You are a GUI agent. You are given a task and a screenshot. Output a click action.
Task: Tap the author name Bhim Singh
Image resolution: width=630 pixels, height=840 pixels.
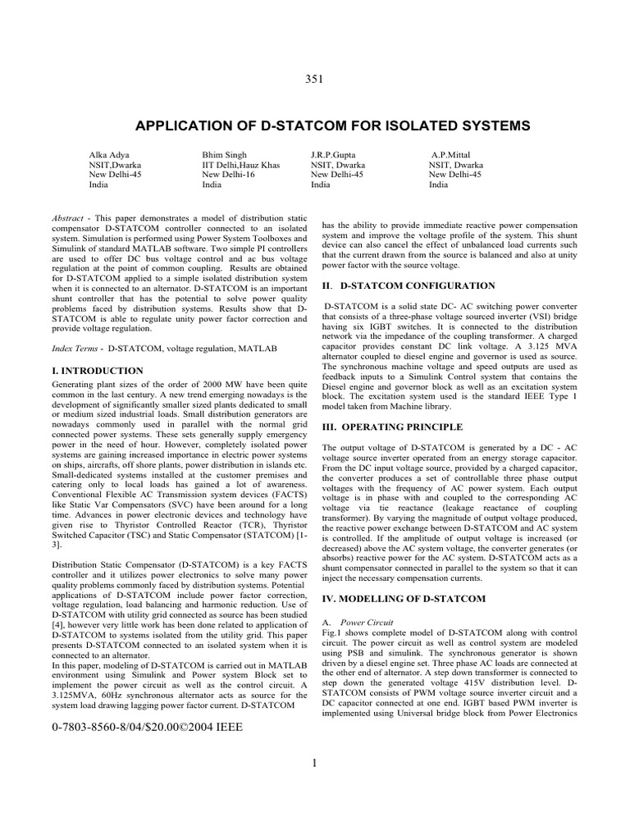224,154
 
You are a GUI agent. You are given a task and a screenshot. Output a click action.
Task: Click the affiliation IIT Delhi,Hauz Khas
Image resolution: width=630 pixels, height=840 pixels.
240,165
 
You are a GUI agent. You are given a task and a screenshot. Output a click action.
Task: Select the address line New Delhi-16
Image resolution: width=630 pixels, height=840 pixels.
230,175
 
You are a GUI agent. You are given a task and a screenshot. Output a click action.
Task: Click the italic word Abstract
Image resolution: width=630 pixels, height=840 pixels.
66,217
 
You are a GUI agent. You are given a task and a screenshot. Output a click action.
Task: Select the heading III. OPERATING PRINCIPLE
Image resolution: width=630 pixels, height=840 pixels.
392,427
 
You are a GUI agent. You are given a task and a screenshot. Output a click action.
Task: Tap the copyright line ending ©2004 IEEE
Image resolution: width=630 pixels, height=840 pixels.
146,728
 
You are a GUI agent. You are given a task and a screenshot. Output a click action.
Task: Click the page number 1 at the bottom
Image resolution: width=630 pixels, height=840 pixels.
314,765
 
